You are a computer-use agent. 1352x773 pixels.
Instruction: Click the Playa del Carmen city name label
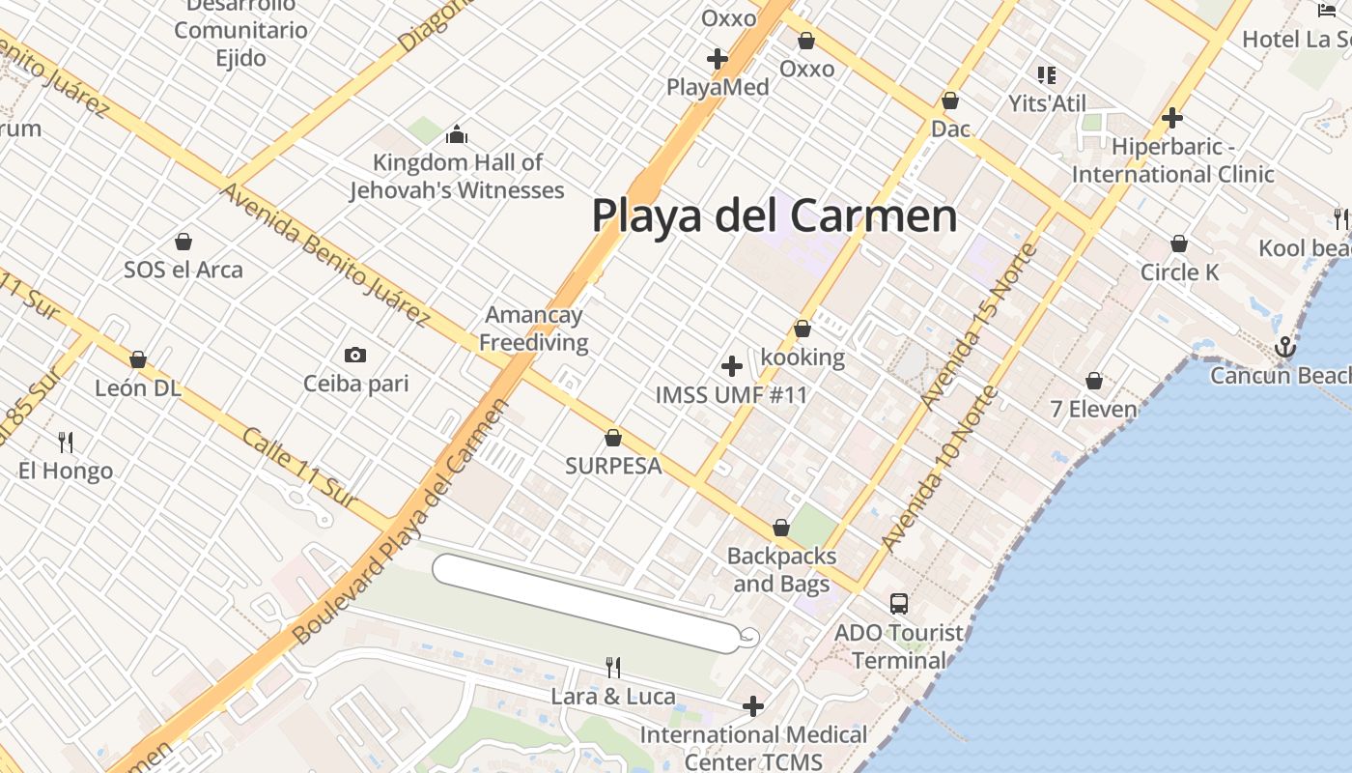[x=774, y=215]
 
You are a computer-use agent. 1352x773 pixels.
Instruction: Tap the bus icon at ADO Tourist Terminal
[x=898, y=604]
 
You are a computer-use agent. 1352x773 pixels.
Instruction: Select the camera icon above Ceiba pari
[x=355, y=356]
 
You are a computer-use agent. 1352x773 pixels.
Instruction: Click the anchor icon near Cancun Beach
[x=1284, y=347]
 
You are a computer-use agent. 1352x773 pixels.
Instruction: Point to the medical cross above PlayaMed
[x=717, y=59]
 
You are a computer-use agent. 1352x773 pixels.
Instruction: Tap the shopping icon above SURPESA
[x=612, y=438]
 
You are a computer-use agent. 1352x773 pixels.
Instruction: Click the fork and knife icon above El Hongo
[x=66, y=443]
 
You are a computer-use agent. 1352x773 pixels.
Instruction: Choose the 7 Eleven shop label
[x=1093, y=409]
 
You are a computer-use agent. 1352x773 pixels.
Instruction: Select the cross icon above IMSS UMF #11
[x=732, y=366]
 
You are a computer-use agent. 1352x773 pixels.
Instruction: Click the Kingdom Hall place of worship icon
[x=457, y=133]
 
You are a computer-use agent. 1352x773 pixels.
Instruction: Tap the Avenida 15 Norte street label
[x=978, y=327]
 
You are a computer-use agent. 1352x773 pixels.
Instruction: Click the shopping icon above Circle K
[x=1178, y=243]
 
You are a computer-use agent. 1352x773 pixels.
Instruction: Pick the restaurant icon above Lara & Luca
[x=612, y=667]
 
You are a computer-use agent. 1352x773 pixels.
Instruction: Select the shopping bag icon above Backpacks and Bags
[x=781, y=528]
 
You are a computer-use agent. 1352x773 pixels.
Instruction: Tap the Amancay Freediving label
[x=533, y=329]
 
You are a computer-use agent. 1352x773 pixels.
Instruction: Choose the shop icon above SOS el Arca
[x=183, y=242]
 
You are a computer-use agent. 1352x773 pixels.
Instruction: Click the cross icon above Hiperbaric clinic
[x=1172, y=119]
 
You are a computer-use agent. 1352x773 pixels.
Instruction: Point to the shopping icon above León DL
[x=138, y=359]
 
